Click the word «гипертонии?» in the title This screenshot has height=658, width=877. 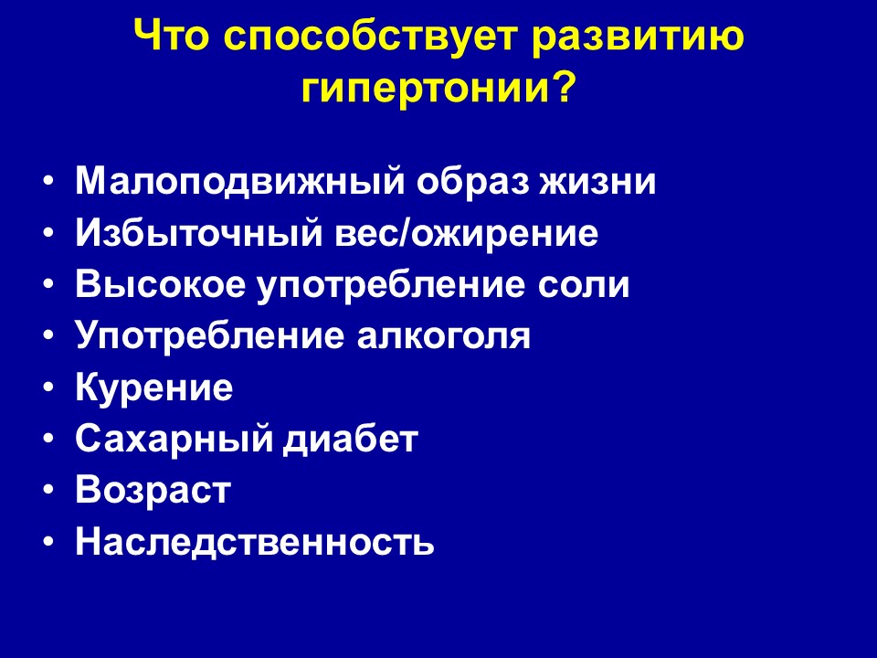[x=439, y=88]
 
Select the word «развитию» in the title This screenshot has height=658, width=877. [x=638, y=37]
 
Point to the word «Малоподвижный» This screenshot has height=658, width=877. [x=239, y=181]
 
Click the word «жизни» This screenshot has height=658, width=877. [x=597, y=181]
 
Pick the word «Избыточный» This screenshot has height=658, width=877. [x=199, y=232]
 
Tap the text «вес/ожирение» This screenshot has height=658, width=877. [x=467, y=233]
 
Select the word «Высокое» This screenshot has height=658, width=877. [x=161, y=284]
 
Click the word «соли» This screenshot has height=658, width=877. [x=584, y=284]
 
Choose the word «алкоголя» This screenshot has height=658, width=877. [x=444, y=336]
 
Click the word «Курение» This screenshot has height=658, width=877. [x=153, y=387]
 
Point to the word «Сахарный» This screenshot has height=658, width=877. [x=173, y=439]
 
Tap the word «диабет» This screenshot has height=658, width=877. [x=351, y=438]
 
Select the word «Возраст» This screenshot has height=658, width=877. [x=153, y=490]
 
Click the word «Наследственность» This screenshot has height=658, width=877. [x=255, y=541]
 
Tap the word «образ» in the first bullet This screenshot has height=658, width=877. [x=471, y=181]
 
